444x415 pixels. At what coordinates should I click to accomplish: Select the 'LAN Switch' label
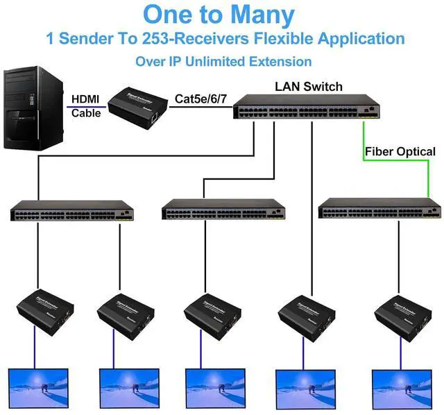tap(309, 87)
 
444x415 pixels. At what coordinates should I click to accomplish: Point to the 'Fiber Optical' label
tap(400, 151)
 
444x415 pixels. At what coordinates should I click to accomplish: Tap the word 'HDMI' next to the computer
tap(86, 99)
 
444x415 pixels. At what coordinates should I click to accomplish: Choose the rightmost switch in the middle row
tap(379, 210)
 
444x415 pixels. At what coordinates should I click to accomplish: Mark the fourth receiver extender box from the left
tap(306, 314)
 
